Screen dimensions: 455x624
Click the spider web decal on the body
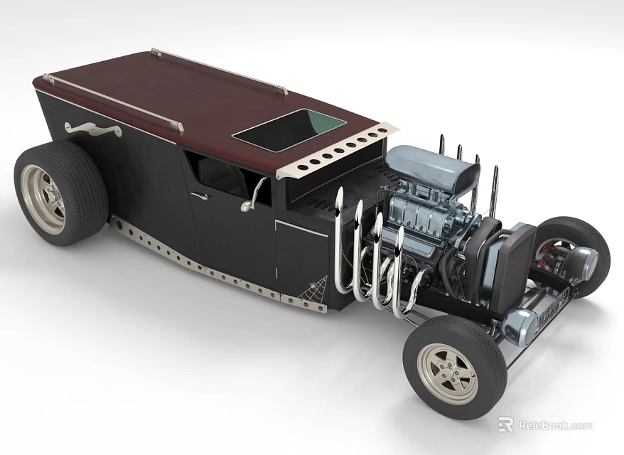[x=313, y=290]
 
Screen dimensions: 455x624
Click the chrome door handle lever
[x=254, y=195]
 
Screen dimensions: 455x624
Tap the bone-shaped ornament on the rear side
[x=93, y=129]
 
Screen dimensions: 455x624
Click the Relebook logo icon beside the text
[x=505, y=425]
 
